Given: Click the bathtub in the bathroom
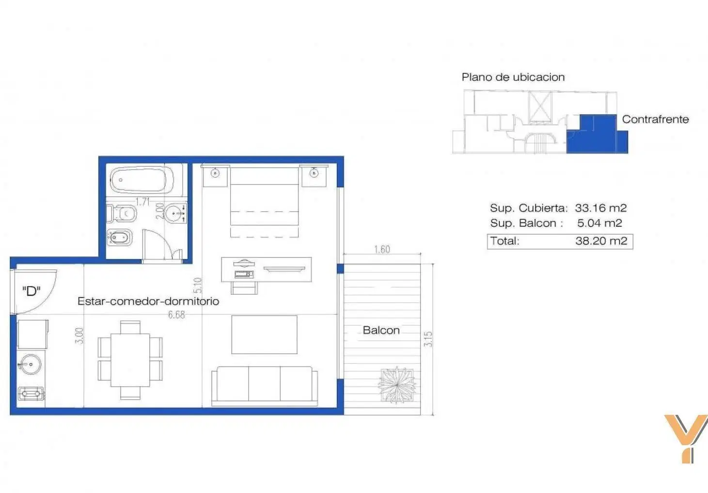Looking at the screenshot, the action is click(142, 180).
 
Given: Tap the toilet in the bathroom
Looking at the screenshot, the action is click(122, 214).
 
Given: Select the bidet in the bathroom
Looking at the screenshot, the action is click(120, 237).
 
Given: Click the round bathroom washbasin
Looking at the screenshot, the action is click(175, 213).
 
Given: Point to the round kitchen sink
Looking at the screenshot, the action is click(31, 364).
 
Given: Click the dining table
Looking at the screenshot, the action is click(130, 360).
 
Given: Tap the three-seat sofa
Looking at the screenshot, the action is click(264, 386).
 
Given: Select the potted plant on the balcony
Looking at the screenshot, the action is click(397, 385).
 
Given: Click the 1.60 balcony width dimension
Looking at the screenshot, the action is click(382, 250).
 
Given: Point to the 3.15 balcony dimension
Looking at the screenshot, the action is click(428, 339).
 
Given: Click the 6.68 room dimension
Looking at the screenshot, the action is click(176, 315).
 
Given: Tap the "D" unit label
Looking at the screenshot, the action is click(31, 291).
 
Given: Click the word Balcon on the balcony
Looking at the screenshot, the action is click(381, 330).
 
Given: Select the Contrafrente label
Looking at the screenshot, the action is click(655, 119).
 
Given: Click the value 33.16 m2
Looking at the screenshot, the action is click(600, 208).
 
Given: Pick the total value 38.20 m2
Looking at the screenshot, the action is click(601, 241).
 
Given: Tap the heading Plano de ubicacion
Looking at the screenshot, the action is click(513, 77).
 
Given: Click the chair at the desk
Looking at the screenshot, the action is click(244, 288).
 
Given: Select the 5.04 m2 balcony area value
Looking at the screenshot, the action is click(599, 223).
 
